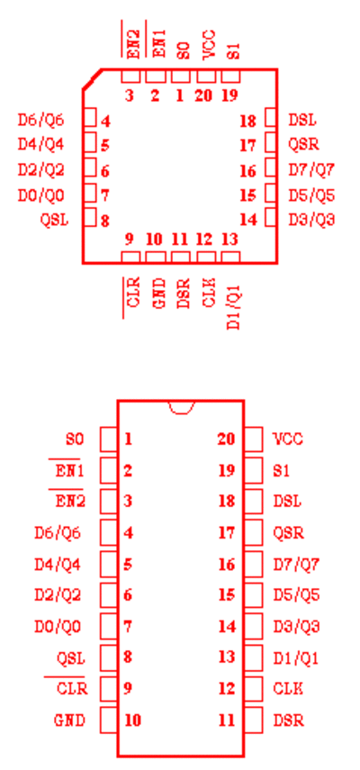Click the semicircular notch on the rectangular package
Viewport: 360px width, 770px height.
tap(181, 412)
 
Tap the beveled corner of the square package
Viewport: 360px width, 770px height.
tap(92, 79)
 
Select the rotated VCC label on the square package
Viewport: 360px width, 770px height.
tap(209, 44)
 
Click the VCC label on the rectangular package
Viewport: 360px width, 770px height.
tap(288, 439)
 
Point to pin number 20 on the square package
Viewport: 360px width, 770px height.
tap(203, 95)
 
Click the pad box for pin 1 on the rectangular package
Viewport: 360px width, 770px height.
tap(108, 439)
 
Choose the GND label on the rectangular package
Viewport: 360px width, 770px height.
tap(69, 720)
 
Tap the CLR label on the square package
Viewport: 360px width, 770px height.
tap(133, 292)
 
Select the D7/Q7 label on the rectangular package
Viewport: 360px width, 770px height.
tap(296, 565)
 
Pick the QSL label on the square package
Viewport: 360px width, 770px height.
tap(54, 220)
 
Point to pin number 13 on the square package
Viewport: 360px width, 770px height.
tap(229, 240)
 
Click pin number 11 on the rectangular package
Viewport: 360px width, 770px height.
tap(227, 720)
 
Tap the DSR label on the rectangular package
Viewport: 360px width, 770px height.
tap(288, 720)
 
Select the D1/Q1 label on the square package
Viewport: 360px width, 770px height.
tap(234, 305)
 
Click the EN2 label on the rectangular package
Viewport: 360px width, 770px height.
tap(70, 502)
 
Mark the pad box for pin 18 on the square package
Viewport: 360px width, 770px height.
tap(271, 118)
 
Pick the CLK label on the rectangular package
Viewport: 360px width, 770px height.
tap(288, 689)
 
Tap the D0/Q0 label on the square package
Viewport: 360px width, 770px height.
tap(41, 195)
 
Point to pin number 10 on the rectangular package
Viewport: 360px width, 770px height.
tap(132, 720)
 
